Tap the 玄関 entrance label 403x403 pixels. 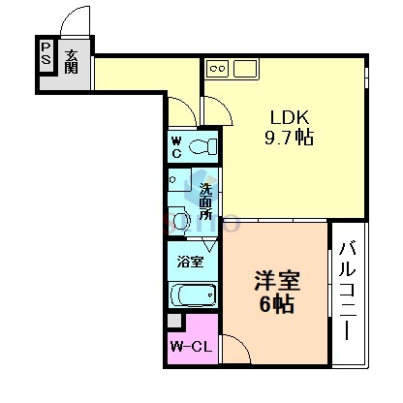pos(73,64)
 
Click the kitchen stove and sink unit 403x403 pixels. pos(231,69)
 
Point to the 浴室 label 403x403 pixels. pos(189,261)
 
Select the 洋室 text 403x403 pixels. pos(277,281)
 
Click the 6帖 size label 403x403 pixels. pos(277,303)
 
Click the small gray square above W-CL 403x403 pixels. pos(173,322)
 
